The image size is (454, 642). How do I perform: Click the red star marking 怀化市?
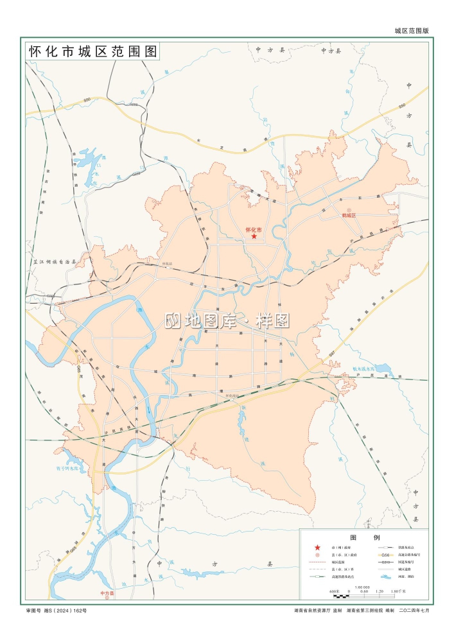tap(254, 237)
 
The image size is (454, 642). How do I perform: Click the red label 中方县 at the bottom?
tap(107, 594)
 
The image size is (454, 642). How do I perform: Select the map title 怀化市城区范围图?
tap(92, 52)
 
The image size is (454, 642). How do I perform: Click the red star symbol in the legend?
tap(316, 547)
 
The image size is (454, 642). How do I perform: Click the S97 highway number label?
tap(332, 354)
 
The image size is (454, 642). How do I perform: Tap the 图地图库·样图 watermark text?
tap(228, 320)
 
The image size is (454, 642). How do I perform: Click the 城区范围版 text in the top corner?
tap(411, 30)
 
